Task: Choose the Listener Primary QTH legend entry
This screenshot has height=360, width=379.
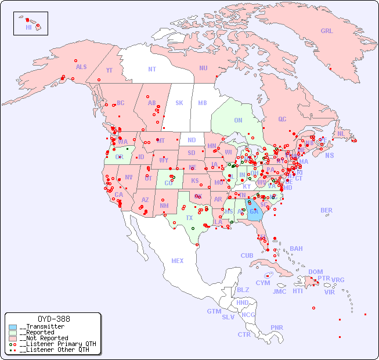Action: tap(56, 344)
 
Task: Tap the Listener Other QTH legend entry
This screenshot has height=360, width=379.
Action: tap(54, 350)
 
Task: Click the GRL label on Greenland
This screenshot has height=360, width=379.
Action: tap(327, 31)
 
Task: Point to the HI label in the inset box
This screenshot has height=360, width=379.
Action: tap(28, 27)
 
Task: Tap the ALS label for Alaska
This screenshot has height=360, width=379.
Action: tap(81, 67)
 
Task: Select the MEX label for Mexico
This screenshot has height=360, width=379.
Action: tap(178, 261)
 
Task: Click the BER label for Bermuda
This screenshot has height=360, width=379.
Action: tap(327, 210)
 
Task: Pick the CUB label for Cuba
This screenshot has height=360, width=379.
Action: tap(247, 255)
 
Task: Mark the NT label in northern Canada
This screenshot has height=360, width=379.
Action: tap(152, 69)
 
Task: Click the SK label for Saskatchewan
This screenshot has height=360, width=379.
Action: tap(179, 103)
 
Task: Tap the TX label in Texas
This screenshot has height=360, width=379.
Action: tap(189, 218)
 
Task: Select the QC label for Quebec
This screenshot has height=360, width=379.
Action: tap(282, 119)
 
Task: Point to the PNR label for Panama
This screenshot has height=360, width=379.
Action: tap(277, 327)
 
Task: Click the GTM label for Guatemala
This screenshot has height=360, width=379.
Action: tap(214, 311)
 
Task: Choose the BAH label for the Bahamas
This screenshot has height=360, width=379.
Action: tap(296, 249)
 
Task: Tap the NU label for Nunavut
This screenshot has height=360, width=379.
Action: tap(203, 68)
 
